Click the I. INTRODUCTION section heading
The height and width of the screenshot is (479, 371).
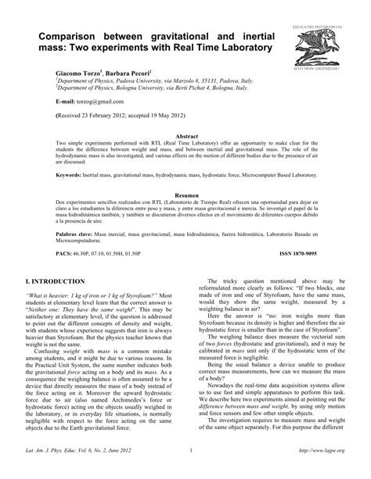click(67, 280)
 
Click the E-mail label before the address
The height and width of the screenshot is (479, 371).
click(68, 101)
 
